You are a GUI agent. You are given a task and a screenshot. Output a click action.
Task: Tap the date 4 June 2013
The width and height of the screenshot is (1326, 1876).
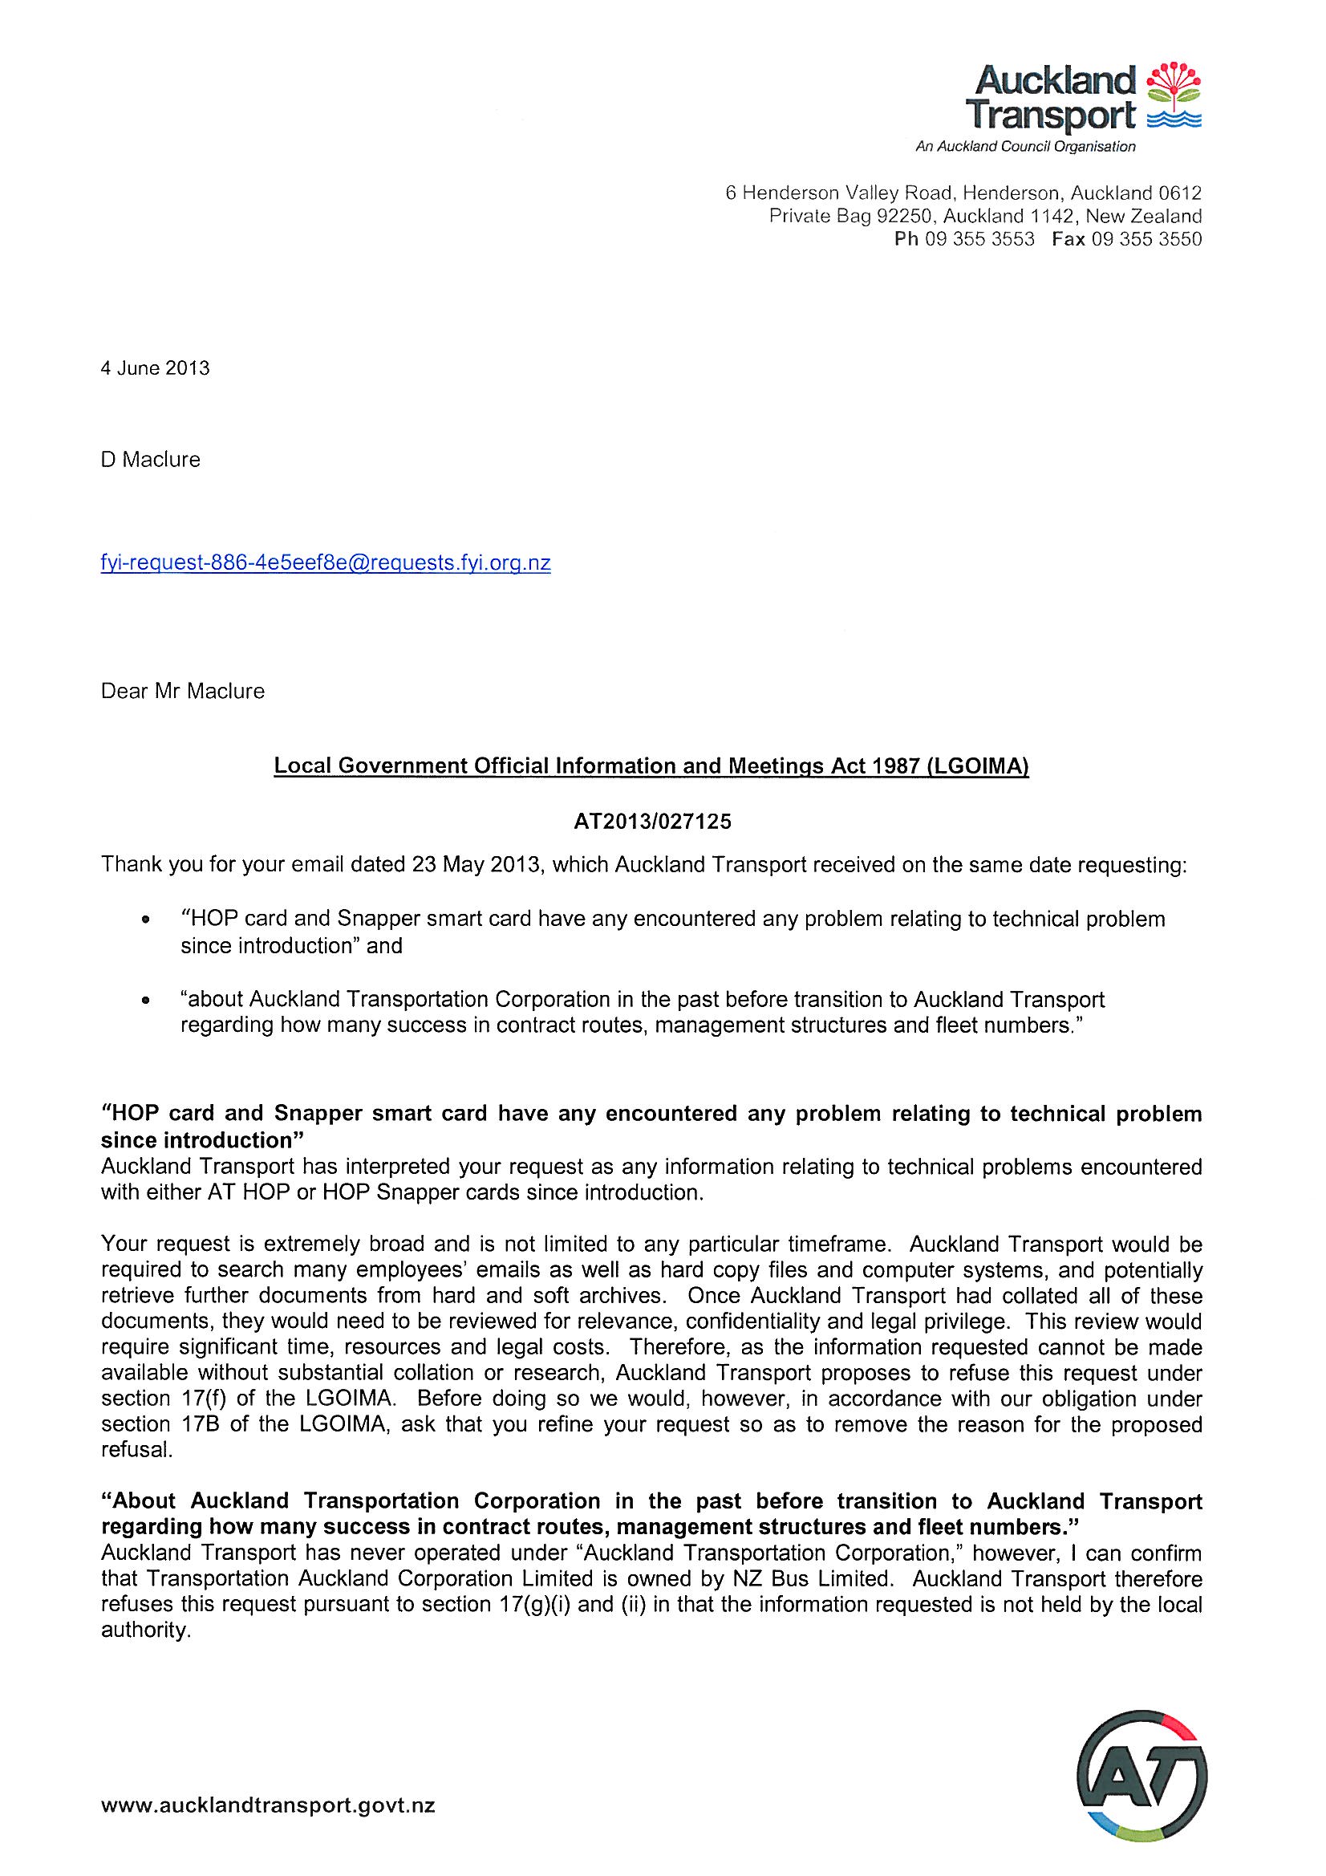156,368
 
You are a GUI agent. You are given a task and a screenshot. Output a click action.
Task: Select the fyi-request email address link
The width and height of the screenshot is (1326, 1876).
325,563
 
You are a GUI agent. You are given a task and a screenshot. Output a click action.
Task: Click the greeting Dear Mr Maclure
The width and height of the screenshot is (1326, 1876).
182,691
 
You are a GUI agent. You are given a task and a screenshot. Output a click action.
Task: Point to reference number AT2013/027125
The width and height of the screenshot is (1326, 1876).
653,822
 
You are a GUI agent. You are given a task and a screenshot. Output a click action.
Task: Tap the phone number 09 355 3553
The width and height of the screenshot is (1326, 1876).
979,239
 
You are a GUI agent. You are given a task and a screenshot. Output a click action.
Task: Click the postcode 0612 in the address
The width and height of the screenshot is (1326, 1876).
1181,193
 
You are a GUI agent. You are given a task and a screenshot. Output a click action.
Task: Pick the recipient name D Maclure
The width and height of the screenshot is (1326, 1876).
150,460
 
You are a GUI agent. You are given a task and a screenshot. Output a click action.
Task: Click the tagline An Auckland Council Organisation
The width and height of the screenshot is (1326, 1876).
1025,147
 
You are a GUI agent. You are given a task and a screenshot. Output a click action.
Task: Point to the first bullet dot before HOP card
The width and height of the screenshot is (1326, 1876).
145,920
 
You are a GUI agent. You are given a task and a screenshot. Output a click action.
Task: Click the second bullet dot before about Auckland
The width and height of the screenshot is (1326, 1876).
145,1001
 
